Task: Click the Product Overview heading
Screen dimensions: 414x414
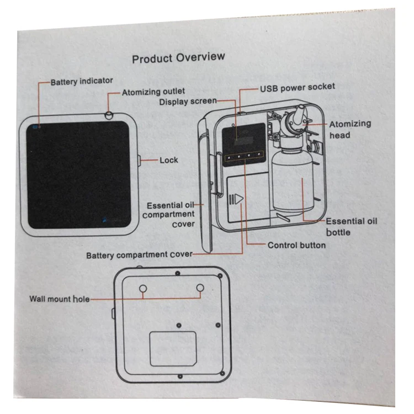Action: [178, 57]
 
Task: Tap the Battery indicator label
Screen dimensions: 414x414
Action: [82, 82]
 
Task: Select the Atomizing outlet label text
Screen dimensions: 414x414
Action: [153, 91]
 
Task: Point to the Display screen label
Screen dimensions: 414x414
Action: [188, 102]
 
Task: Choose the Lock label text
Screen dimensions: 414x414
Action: [169, 160]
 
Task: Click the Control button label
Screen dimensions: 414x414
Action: [296, 245]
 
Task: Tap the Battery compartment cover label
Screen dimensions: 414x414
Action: [139, 255]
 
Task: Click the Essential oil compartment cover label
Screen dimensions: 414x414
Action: [168, 213]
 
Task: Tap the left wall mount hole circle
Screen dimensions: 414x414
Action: [143, 289]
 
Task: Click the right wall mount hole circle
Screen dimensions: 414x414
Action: [200, 288]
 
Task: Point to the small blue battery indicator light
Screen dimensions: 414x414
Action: [34, 126]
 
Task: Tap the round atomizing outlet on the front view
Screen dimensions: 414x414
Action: [109, 114]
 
